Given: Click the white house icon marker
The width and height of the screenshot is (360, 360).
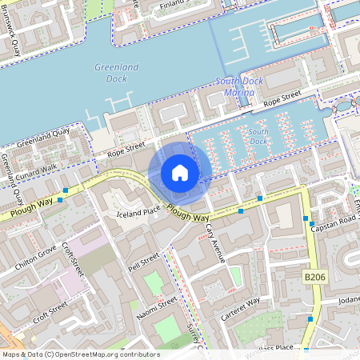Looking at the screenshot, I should tap(180, 173).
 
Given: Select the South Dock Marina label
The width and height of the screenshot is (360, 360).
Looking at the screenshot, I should tap(234, 87).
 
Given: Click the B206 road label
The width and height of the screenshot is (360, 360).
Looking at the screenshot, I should tap(316, 276).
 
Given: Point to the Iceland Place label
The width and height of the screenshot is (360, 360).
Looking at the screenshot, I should tap(139, 212).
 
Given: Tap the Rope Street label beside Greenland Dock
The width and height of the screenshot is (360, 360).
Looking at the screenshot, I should tap(126, 147).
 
